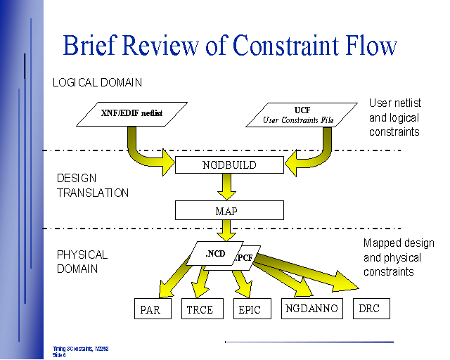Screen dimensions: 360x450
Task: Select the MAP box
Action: point(229,210)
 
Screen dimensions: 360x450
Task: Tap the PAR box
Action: point(153,309)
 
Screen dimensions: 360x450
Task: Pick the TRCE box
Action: point(200,309)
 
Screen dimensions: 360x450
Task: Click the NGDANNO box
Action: point(311,308)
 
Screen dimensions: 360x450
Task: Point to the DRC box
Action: point(371,308)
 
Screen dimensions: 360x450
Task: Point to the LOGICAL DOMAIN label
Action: point(97,82)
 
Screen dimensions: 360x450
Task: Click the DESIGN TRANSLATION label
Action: point(93,186)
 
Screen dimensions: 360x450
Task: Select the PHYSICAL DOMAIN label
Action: point(82,262)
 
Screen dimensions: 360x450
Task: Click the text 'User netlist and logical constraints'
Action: point(394,117)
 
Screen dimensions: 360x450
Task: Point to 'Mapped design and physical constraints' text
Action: point(399,257)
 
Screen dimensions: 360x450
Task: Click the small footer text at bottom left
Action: point(79,352)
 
